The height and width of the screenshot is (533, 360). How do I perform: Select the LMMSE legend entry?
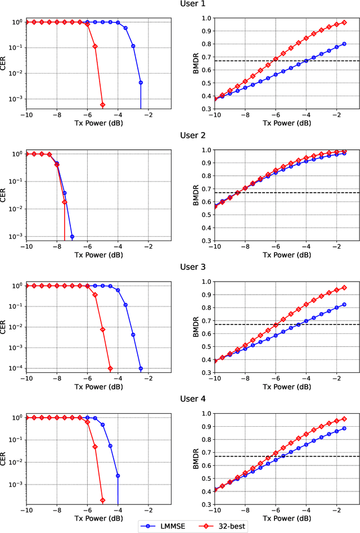coord(164,526)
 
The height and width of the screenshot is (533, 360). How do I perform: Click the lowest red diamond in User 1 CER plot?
coord(102,105)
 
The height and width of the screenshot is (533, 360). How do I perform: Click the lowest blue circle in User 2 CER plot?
coord(72,237)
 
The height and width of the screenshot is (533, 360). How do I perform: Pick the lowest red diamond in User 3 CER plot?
coord(110,368)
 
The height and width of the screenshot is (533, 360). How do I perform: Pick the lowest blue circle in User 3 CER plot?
coord(141,368)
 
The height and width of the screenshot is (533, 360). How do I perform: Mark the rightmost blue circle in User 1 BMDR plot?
coord(344,44)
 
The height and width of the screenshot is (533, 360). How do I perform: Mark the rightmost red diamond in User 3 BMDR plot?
coord(344,287)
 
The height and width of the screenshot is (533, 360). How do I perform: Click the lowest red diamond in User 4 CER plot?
coord(102,500)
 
